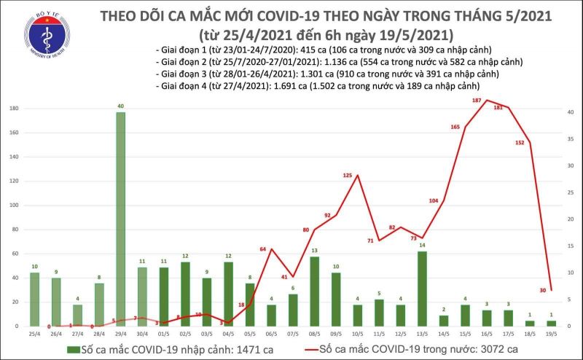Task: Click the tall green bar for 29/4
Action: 120,219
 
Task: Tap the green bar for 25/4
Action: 35,300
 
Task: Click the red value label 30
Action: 544,290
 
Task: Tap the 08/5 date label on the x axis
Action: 314,333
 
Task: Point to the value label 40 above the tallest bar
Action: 120,106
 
